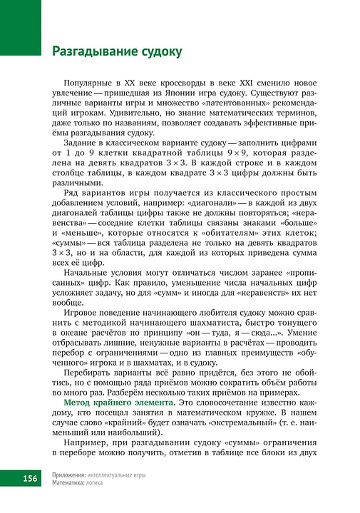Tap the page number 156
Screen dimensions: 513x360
click(x=29, y=477)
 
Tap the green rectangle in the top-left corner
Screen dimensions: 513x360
click(x=21, y=27)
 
